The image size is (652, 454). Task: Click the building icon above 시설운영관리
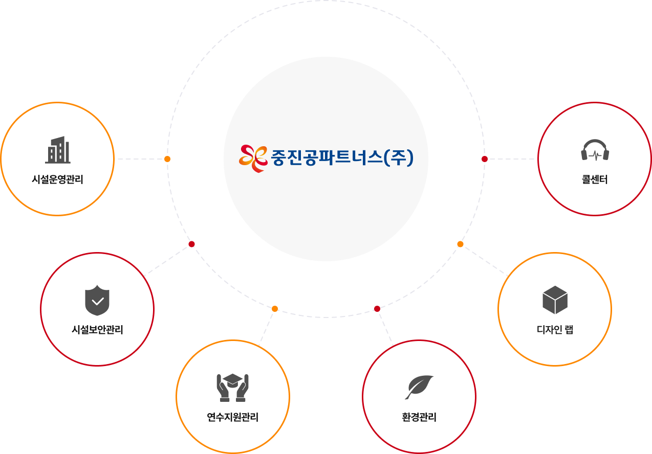tap(57, 150)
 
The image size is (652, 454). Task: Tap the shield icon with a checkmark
tap(97, 301)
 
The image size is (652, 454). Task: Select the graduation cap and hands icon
tap(233, 388)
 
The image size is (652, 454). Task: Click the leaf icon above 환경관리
tap(419, 387)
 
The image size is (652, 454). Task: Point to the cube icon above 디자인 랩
tap(555, 300)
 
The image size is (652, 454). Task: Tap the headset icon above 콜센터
tap(595, 150)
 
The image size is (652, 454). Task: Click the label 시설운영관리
tap(57, 179)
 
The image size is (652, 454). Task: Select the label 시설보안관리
tap(97, 330)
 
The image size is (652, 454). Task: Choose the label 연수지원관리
tap(233, 417)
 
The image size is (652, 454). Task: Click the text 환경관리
tap(419, 417)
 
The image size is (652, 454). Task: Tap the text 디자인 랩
tap(555, 330)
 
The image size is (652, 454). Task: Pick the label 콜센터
tap(595, 180)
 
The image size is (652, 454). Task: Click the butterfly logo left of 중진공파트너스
tap(253, 158)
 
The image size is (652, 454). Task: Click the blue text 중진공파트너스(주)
tap(342, 158)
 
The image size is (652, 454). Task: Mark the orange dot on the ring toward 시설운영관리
tap(167, 159)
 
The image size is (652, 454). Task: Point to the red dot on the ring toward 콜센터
tap(485, 159)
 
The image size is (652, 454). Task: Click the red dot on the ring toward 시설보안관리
tap(191, 244)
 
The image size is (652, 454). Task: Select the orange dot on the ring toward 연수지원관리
tap(275, 308)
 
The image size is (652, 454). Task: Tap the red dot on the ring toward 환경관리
tap(377, 308)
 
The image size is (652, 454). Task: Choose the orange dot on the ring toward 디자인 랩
tap(460, 244)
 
